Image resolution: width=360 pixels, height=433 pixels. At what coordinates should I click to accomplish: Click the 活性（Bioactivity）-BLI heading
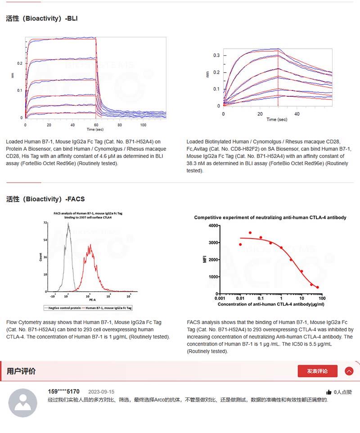click(x=42, y=18)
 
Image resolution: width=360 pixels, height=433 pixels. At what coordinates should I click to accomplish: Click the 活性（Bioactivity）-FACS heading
click(x=45, y=198)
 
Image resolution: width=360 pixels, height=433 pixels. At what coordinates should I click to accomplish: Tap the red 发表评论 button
click(x=317, y=371)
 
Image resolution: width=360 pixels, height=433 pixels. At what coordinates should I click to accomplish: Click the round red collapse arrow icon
click(x=349, y=371)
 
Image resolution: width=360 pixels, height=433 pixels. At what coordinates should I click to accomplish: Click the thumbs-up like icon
click(x=329, y=392)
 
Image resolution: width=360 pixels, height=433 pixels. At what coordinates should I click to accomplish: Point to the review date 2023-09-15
click(x=101, y=392)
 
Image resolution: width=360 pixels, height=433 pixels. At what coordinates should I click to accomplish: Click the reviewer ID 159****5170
click(x=63, y=392)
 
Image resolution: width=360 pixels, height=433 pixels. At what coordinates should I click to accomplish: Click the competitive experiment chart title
click(x=270, y=217)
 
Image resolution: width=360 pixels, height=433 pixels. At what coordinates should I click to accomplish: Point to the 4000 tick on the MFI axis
click(x=213, y=226)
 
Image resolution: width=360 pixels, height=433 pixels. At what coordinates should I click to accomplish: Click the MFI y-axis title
click(x=205, y=259)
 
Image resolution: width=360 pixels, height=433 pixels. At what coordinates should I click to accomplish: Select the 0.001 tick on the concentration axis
click(x=220, y=298)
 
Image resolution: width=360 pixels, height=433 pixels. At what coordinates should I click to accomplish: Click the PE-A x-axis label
click(x=92, y=300)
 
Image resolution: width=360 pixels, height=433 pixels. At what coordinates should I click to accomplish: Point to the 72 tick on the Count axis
click(x=45, y=223)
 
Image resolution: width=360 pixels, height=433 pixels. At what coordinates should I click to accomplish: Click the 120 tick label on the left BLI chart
click(x=143, y=124)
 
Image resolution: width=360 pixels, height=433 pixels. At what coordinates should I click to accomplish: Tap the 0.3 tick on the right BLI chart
click(x=216, y=55)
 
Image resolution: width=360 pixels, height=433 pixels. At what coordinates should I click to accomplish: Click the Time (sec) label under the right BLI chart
click(x=276, y=120)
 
